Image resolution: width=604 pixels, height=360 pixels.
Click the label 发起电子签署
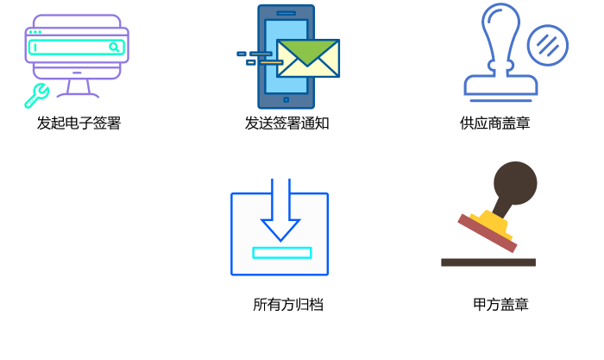pos(79,123)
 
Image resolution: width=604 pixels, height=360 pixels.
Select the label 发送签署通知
pos(286,123)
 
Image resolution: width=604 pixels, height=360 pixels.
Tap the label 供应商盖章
pos(494,123)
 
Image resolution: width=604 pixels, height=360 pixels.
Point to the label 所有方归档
pos(287,305)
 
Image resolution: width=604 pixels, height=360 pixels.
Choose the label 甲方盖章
pos(500,305)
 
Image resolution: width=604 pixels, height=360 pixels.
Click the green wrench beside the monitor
pos(36,95)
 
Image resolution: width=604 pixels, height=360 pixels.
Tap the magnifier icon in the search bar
pos(113,47)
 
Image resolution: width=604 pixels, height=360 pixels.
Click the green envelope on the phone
pos(308,59)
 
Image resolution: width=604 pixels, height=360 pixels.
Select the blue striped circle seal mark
pos(548,44)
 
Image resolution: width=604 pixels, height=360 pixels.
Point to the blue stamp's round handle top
pos(501,22)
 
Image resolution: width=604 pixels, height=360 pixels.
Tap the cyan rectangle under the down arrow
pos(282,253)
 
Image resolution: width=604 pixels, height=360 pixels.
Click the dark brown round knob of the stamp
pos(516,182)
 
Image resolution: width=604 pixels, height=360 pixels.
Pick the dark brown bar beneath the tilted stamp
pos(488,262)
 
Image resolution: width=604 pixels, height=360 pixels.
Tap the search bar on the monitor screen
pos(73,47)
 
